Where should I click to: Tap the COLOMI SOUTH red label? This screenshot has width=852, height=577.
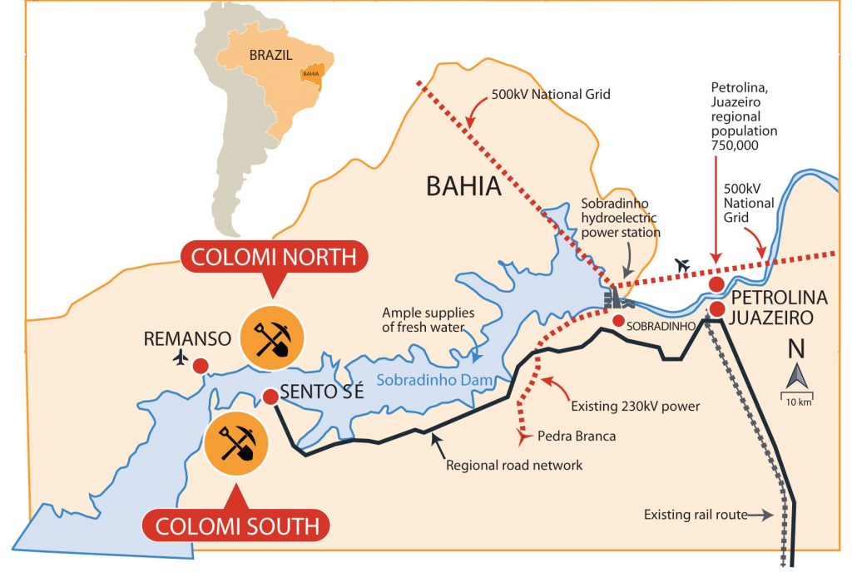click(235, 525)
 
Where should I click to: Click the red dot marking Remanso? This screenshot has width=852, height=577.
click(201, 366)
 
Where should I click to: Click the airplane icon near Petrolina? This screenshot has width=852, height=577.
click(683, 265)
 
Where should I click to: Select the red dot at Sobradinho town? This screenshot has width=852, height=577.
click(618, 321)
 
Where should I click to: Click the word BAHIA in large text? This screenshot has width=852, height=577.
click(463, 187)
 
